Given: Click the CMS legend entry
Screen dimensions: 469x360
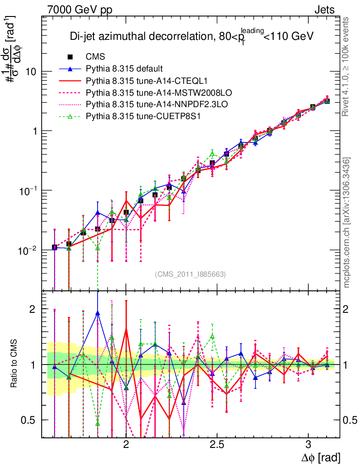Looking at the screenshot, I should (x=95, y=57).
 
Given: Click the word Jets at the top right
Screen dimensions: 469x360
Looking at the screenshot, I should (x=324, y=10).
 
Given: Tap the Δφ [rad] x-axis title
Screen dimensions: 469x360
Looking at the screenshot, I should (x=321, y=458).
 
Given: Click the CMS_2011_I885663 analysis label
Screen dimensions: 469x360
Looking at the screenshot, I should (x=190, y=274).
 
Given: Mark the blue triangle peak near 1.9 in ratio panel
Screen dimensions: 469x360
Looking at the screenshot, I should (x=98, y=313).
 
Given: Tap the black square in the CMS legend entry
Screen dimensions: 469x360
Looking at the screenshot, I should (x=70, y=57).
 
